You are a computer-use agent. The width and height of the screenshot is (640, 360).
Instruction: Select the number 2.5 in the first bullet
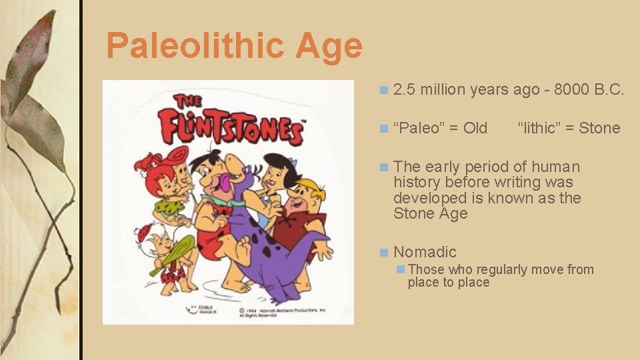click(x=404, y=90)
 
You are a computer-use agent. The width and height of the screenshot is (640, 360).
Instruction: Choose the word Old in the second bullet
click(x=475, y=128)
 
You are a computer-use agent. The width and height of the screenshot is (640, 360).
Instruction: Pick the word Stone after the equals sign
click(x=599, y=128)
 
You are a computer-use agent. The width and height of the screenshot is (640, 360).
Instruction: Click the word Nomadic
click(x=425, y=252)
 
